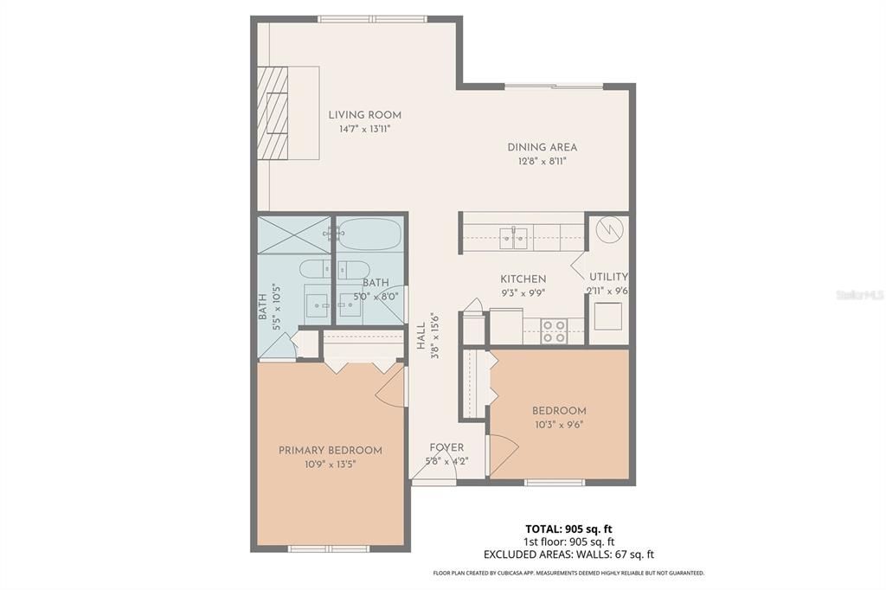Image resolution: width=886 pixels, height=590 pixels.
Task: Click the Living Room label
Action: pyautogui.click(x=365, y=115)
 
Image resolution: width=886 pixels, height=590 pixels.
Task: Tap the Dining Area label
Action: pyautogui.click(x=542, y=147)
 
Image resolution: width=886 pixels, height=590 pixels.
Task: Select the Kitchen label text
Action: pyautogui.click(x=523, y=279)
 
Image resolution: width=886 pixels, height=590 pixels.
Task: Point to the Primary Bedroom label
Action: pyautogui.click(x=330, y=451)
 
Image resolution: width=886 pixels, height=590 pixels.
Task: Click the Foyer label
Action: pyautogui.click(x=446, y=447)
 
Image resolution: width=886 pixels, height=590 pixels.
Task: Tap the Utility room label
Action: pyautogui.click(x=608, y=277)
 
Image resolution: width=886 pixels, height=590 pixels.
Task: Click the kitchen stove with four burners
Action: pyautogui.click(x=554, y=331)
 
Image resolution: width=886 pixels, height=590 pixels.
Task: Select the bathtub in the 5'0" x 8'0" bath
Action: pyautogui.click(x=370, y=234)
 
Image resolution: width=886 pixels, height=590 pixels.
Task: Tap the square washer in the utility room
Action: pyautogui.click(x=608, y=317)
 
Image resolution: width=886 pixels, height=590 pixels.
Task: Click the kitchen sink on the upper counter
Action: pyautogui.click(x=514, y=238)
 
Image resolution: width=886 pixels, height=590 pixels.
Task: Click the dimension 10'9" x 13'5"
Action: pyautogui.click(x=330, y=465)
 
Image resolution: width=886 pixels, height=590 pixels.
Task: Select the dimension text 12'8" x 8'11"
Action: pyautogui.click(x=542, y=162)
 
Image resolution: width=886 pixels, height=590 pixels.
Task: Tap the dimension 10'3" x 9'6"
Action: pyautogui.click(x=559, y=425)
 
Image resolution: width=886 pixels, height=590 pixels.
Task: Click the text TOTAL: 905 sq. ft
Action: pyautogui.click(x=568, y=529)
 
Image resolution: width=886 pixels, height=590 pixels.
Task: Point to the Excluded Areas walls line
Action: pyautogui.click(x=568, y=555)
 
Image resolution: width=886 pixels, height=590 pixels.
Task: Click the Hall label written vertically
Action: pyautogui.click(x=421, y=336)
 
